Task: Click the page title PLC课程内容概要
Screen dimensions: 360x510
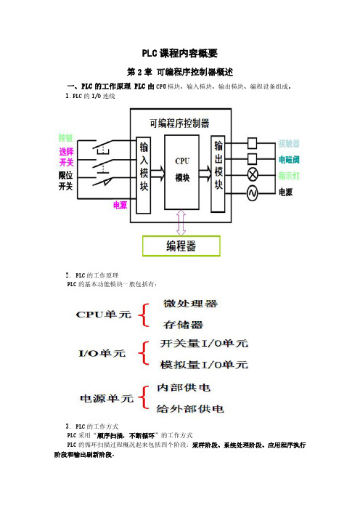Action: (x=180, y=53)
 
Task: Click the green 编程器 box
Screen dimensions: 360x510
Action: (x=181, y=246)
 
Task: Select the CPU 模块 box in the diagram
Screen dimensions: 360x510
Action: (x=181, y=172)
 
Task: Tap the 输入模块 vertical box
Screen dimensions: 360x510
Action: (x=144, y=175)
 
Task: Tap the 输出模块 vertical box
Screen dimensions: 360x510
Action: (x=218, y=174)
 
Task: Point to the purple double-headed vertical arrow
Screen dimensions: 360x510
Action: (x=181, y=222)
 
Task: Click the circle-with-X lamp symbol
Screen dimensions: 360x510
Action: (x=253, y=175)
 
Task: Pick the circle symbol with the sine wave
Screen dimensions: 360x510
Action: (x=253, y=193)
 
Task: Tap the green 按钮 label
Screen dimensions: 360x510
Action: (x=65, y=138)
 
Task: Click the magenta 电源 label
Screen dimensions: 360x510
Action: (x=120, y=205)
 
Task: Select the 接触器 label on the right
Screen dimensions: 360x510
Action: (x=289, y=143)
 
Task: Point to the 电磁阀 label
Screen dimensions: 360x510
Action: (x=289, y=159)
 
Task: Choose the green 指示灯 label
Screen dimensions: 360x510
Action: (x=289, y=176)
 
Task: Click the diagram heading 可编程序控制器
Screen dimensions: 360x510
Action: (x=179, y=124)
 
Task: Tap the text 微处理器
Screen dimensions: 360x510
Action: (x=190, y=304)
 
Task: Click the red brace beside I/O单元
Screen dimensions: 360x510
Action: (x=144, y=353)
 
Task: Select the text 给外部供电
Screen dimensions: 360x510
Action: (x=190, y=408)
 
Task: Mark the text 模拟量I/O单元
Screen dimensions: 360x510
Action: (x=204, y=365)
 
